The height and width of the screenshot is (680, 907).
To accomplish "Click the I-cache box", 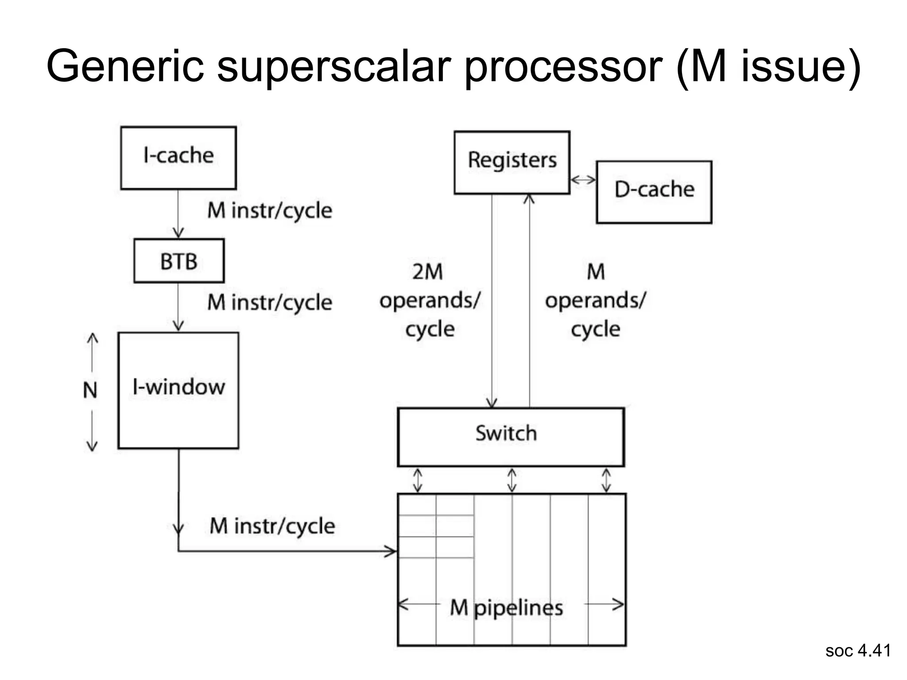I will pos(178,158).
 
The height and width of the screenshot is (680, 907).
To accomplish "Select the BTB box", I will pos(179,261).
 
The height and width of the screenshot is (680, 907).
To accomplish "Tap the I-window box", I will pos(178,390).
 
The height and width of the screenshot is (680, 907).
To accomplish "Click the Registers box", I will pos(512,162).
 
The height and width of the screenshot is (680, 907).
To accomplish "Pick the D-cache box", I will pos(654,192).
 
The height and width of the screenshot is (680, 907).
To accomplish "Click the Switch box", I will pos(511,437).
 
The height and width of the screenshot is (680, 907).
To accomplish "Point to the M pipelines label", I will pos(506,607).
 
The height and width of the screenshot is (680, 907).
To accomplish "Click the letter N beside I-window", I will pos(90,390).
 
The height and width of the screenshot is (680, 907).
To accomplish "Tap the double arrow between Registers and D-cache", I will pos(583,180).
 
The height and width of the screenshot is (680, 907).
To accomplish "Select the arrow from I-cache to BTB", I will pos(178,214).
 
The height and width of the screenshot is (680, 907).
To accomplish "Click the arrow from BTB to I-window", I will pos(178,307).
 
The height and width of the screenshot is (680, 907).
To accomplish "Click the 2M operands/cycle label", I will pos(429,300).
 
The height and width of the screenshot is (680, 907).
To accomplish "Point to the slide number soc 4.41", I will pos(858,650).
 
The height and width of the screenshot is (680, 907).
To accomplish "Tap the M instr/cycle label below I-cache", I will pos(270,210).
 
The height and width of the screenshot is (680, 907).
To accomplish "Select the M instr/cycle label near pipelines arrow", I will pos(272,526).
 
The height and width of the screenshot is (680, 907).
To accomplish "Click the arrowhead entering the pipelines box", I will pos(391,551).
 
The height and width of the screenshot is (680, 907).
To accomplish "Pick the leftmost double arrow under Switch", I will pos(417,480).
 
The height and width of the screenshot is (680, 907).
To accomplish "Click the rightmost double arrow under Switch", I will pos(606,480).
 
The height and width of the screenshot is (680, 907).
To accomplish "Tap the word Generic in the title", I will pos(125,66).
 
